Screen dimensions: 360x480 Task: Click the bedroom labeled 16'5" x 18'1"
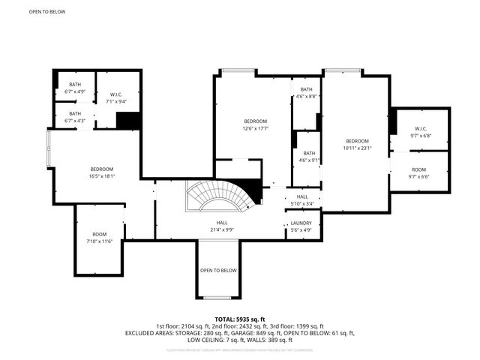(102, 172)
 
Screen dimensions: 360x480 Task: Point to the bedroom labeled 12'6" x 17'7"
(255, 124)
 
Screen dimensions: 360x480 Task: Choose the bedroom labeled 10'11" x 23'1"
(357, 145)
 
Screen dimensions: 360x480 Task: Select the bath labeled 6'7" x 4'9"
(75, 88)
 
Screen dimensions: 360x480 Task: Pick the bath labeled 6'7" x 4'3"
(75, 116)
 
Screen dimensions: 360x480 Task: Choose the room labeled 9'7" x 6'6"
(418, 173)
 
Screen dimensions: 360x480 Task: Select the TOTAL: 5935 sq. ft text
(239, 319)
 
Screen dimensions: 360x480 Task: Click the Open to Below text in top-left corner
(46, 12)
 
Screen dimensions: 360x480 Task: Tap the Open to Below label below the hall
(218, 270)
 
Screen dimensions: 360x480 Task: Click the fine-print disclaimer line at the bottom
(239, 349)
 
